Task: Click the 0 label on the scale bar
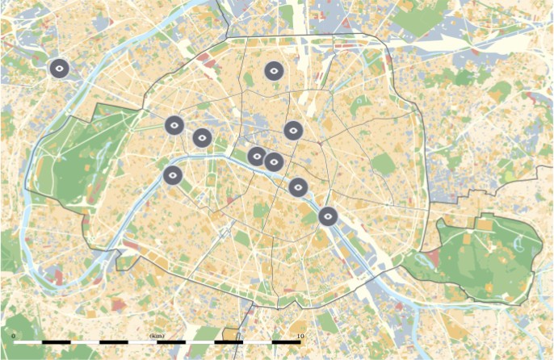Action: tap(14, 335)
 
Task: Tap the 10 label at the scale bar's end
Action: tap(300, 335)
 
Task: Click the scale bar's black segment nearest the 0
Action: tap(56, 343)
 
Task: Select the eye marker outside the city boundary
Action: tap(58, 69)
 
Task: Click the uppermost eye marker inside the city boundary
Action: tap(274, 71)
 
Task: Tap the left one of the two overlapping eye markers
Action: tap(257, 157)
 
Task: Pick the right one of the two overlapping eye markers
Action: tap(275, 162)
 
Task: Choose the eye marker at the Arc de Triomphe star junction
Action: tap(174, 125)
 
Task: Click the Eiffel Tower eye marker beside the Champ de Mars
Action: tap(173, 174)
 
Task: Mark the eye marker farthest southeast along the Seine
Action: tap(327, 216)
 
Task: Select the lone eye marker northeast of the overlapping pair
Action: tap(293, 130)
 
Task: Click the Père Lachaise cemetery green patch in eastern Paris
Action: tap(384, 165)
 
